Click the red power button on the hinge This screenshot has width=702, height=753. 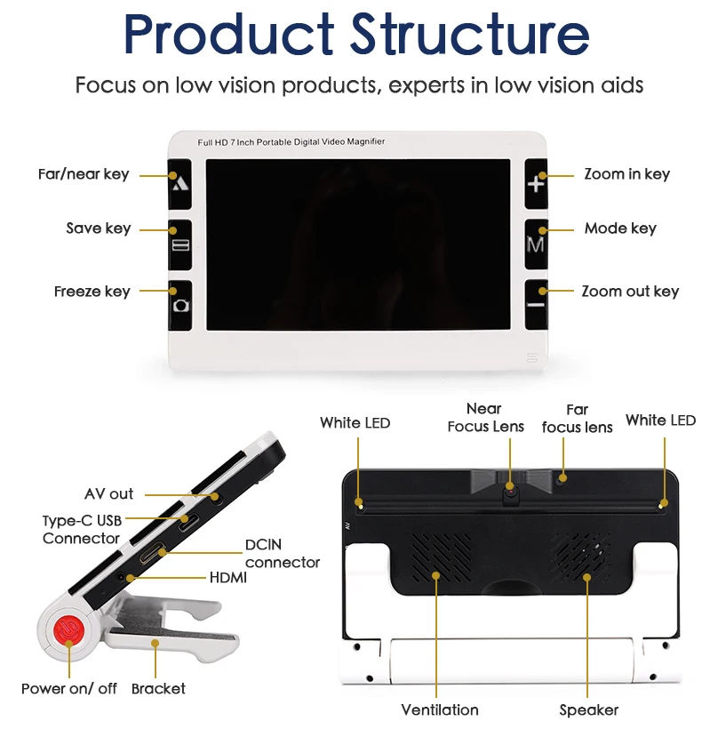point(69,631)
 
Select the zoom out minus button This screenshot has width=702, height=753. point(535,303)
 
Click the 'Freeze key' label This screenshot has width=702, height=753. point(92,292)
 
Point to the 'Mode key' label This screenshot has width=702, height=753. point(620,228)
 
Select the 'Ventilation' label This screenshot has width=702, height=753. point(439,709)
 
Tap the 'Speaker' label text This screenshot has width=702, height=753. point(588,709)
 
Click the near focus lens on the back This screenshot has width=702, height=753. point(510,488)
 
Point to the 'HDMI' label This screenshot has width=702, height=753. point(227,578)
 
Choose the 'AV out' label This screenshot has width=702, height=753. point(108,494)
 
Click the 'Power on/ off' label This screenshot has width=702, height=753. point(69,688)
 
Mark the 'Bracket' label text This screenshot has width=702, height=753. point(158,688)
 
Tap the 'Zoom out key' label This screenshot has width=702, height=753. point(630,292)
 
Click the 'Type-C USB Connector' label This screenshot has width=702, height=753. point(82,529)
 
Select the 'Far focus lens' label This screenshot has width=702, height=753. point(577,419)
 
